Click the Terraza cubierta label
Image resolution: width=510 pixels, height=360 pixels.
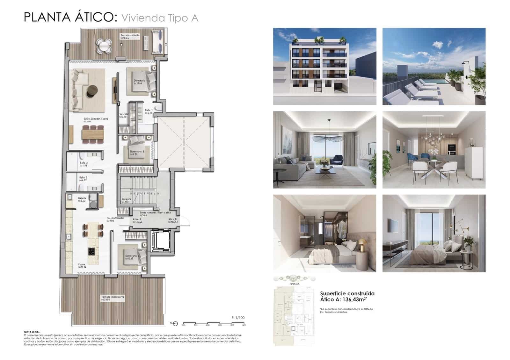pyautogui.click(x=129, y=35)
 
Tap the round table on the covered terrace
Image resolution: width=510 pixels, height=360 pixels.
pyautogui.click(x=104, y=46)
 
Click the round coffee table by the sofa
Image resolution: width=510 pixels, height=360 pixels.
pyautogui.click(x=93, y=90)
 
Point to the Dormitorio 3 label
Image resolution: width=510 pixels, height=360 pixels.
pyautogui.click(x=137, y=152)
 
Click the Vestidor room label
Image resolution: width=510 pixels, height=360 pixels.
pyautogui.click(x=124, y=114)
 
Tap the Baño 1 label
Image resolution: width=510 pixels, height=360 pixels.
pyautogui.click(x=149, y=110)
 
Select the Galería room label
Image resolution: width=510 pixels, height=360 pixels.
pyautogui.click(x=82, y=198)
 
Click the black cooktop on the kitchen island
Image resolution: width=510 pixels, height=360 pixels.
pyautogui.click(x=92, y=251)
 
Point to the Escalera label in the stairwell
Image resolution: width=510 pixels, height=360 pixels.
pyautogui.click(x=127, y=199)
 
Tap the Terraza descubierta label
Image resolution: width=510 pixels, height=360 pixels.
pyautogui.click(x=108, y=297)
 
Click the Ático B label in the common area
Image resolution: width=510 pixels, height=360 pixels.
pyautogui.click(x=172, y=219)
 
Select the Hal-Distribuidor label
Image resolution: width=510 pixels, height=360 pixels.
pyautogui.click(x=115, y=218)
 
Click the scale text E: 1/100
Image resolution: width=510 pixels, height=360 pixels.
pyautogui.click(x=238, y=318)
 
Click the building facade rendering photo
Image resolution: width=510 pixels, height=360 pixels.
pyautogui.click(x=324, y=66)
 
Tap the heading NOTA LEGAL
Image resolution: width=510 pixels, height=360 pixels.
pyautogui.click(x=32, y=332)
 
